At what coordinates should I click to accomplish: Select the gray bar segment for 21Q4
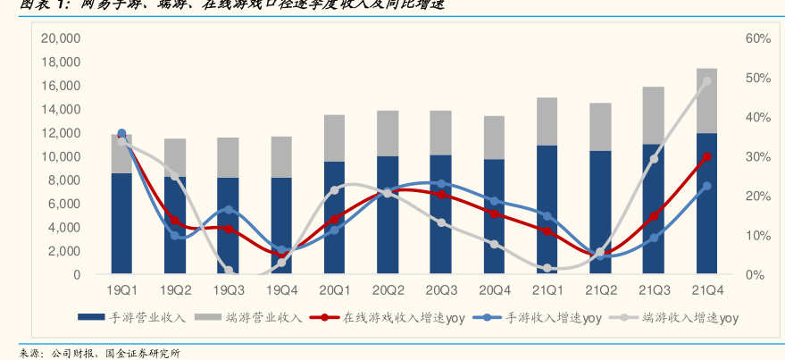tap(707, 101)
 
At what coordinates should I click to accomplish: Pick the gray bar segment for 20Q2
tap(388, 133)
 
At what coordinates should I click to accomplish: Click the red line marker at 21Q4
tap(707, 156)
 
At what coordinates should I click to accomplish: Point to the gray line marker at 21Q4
tap(707, 81)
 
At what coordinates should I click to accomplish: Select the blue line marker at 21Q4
tap(707, 186)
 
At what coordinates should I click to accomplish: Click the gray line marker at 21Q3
tap(654, 159)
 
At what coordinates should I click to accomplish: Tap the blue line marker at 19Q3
tap(229, 209)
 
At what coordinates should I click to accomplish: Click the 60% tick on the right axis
tap(757, 39)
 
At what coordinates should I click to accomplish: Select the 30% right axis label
tap(757, 157)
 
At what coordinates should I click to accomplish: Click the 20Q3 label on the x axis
tap(440, 291)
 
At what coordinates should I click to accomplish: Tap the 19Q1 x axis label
tap(121, 291)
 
